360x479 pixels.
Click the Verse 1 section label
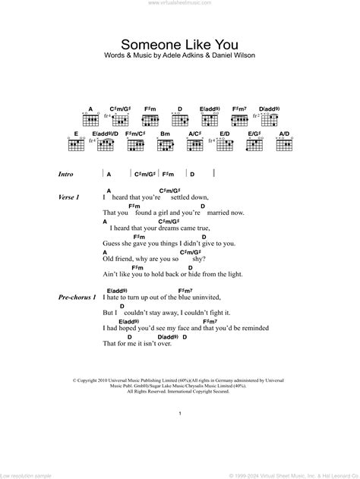(69, 197)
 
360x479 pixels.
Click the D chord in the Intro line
(192, 174)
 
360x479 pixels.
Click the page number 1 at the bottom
(179, 414)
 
